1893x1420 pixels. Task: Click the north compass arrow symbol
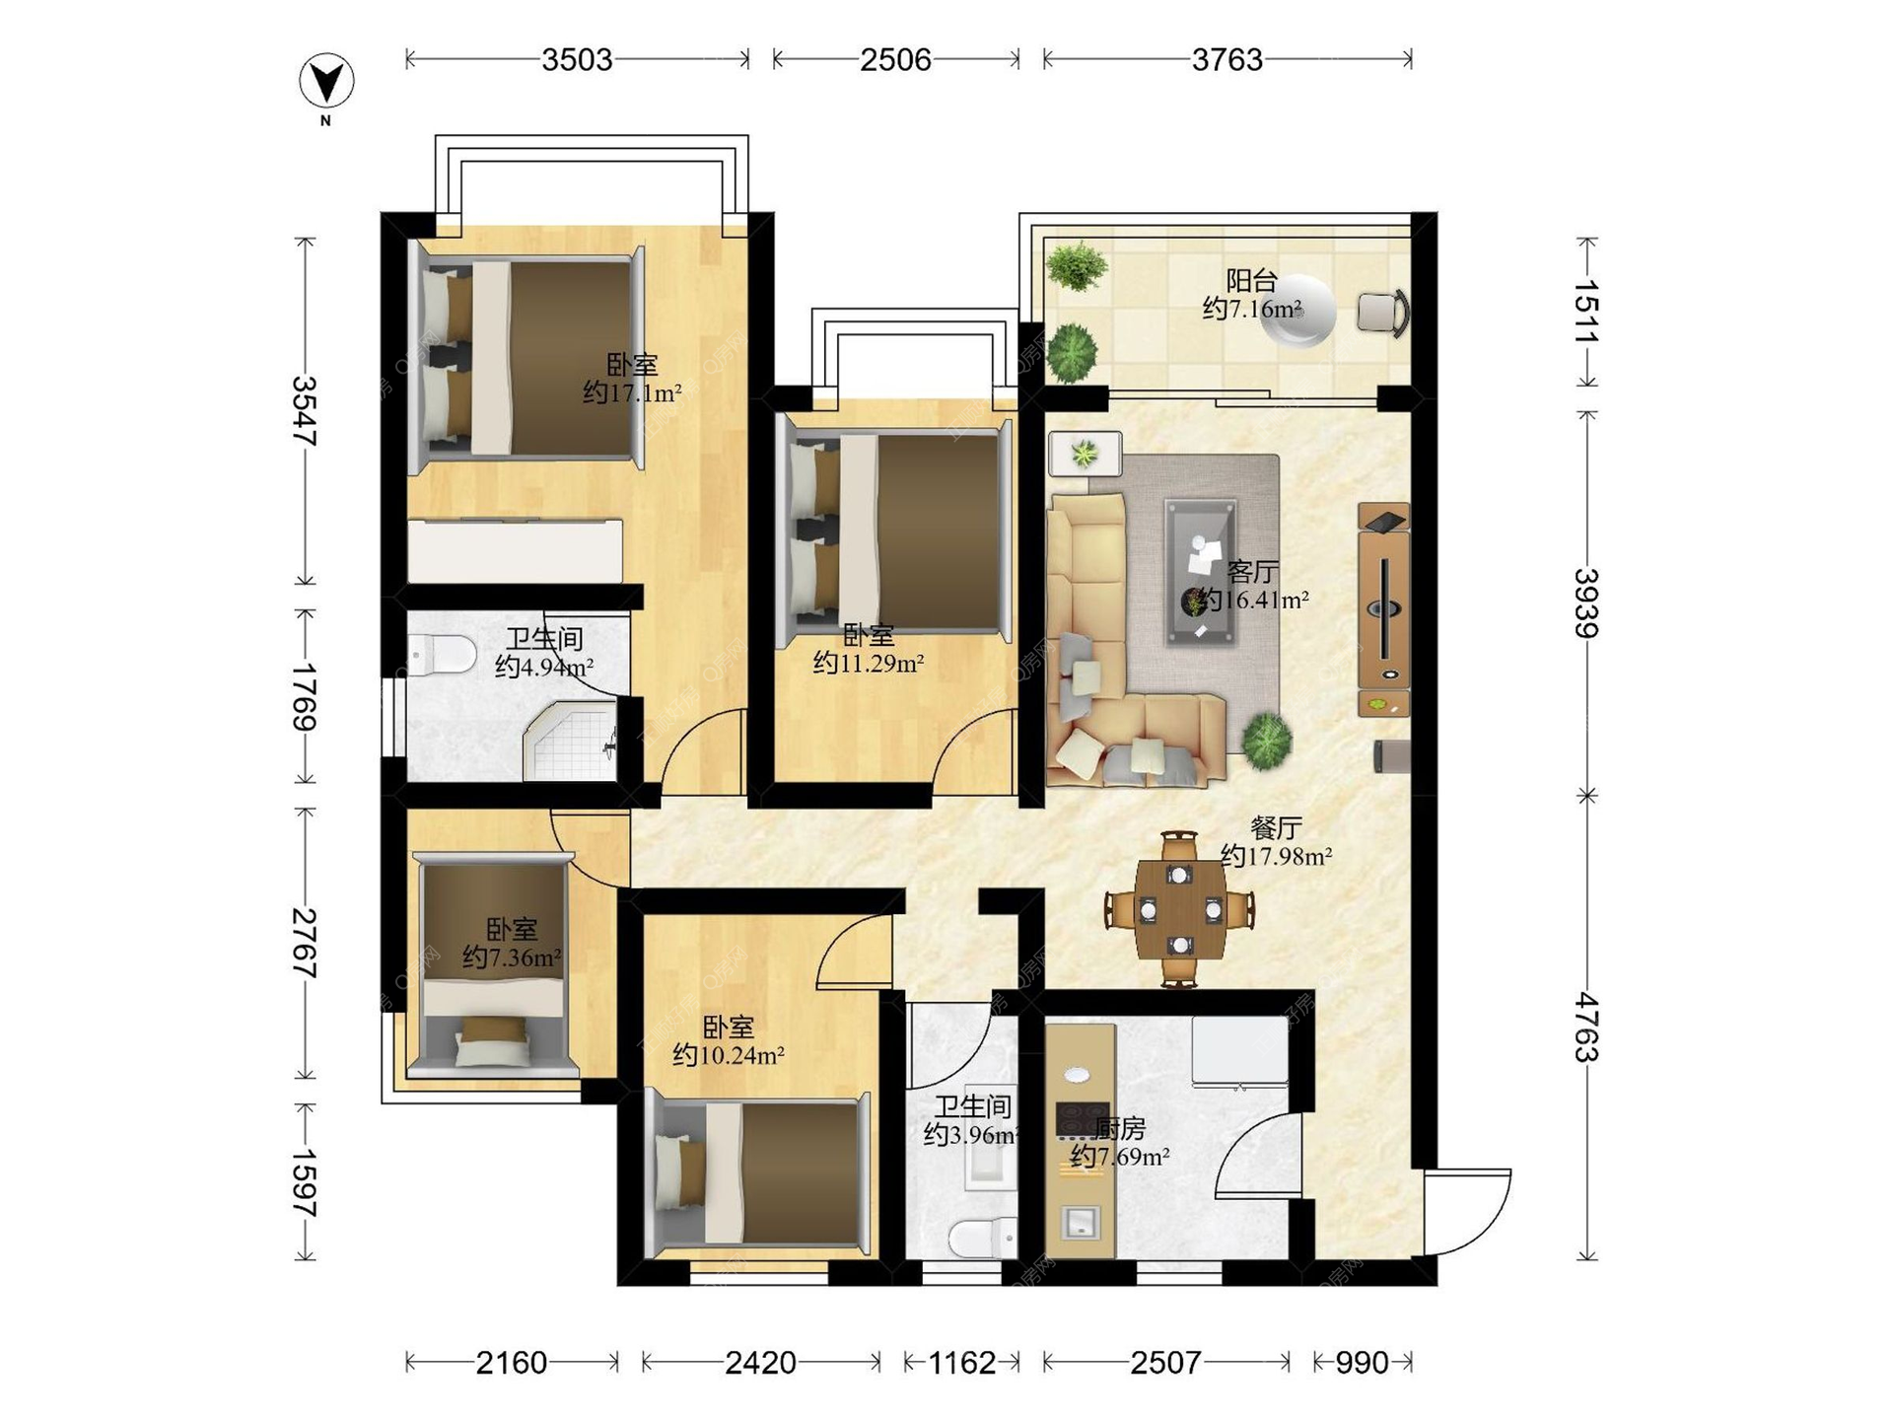coord(326,82)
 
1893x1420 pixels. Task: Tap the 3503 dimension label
coord(577,60)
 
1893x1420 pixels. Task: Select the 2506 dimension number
coord(895,60)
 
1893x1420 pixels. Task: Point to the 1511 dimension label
coord(1586,312)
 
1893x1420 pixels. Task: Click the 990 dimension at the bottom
coord(1362,1363)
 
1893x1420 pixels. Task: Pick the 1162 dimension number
coord(962,1363)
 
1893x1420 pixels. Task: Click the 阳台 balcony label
coord(1251,281)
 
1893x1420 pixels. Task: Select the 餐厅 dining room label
coord(1276,827)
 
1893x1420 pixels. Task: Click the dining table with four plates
coord(1180,909)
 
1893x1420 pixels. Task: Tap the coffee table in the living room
coord(1200,572)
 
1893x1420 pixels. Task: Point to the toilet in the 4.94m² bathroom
coord(442,654)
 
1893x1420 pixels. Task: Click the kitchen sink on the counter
coord(1081,1223)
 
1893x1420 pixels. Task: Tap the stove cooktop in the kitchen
coord(1083,1118)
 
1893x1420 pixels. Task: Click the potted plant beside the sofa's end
coord(1266,740)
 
